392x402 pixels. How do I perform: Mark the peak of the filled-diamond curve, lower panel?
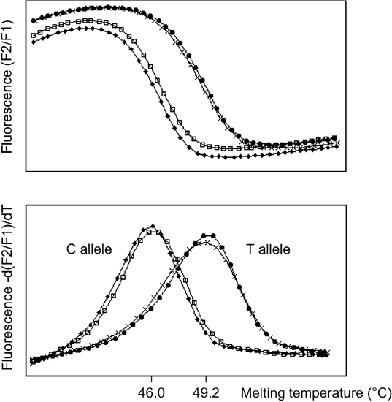tap(152, 226)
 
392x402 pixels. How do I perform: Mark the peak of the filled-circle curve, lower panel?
tap(210, 235)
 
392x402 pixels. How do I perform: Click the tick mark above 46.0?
tap(151, 377)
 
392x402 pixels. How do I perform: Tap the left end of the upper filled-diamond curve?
tap(33, 42)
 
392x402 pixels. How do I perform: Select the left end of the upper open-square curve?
tap(33, 34)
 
